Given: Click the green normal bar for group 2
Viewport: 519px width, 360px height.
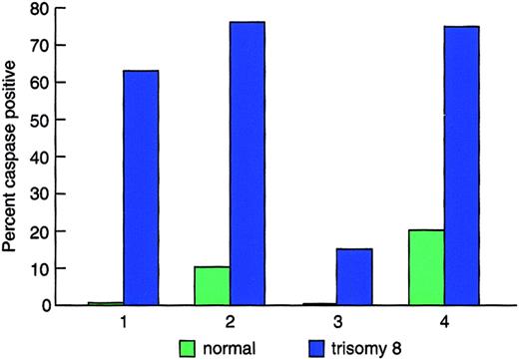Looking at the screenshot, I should pos(212,285).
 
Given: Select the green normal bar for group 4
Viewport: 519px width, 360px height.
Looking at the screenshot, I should pos(424,267).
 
